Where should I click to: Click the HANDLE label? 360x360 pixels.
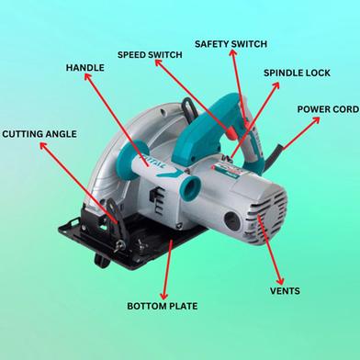85,68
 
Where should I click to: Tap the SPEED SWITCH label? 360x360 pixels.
150,55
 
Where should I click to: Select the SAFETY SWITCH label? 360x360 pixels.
231,44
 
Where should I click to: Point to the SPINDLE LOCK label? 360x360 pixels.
297,73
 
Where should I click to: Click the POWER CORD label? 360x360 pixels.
328,109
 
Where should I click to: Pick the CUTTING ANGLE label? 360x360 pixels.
39,134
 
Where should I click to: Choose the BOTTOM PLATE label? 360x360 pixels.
163,306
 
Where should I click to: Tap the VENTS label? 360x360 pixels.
285,291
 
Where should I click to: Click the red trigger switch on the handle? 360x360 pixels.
232,133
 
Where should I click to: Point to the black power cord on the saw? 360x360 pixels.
276,155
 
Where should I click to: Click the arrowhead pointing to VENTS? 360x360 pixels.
280,281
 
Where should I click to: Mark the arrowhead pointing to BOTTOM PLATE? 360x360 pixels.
164,296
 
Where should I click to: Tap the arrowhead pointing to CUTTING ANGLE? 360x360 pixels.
43,146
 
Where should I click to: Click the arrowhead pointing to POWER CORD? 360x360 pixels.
316,119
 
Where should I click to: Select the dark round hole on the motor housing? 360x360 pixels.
231,220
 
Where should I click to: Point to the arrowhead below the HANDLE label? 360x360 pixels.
88,77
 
